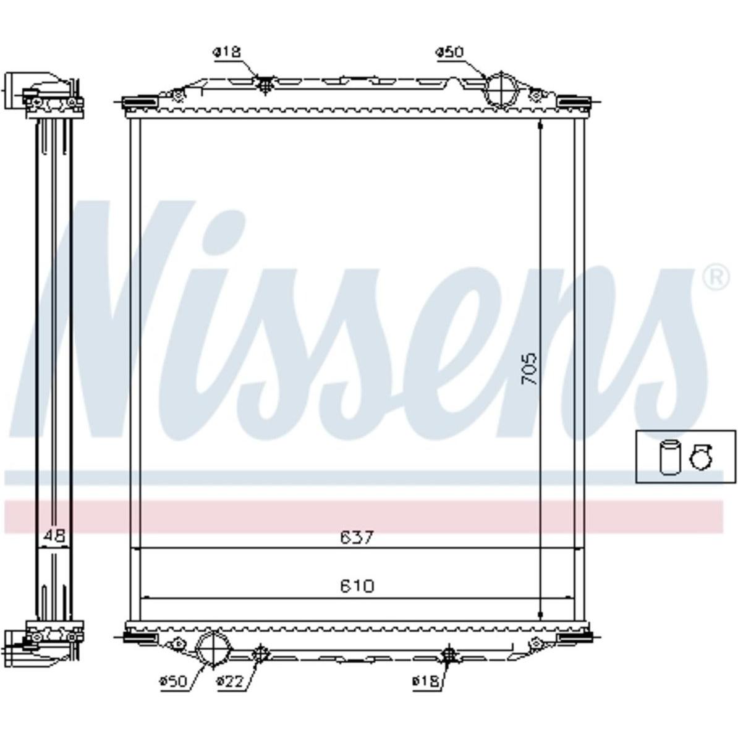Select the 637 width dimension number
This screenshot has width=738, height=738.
click(x=357, y=537)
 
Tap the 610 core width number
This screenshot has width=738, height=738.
click(x=357, y=586)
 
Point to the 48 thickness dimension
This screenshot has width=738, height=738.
click(x=54, y=536)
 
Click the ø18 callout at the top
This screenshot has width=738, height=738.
click(x=227, y=52)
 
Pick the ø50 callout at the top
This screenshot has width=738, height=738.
click(x=449, y=52)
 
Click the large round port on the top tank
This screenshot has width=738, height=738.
click(x=501, y=90)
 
